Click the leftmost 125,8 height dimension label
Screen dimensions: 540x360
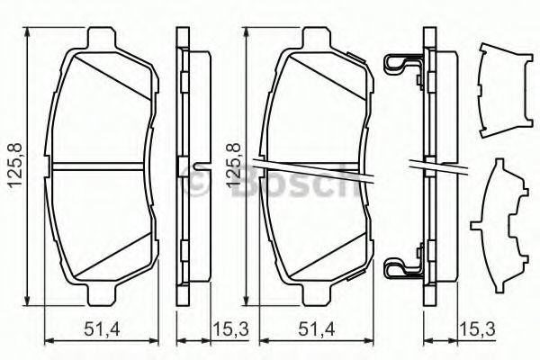click(15, 165)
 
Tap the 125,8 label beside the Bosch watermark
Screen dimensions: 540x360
click(233, 165)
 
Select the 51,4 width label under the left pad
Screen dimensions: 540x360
click(102, 330)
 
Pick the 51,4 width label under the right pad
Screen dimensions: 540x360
click(317, 330)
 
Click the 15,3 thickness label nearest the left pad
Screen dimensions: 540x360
click(230, 330)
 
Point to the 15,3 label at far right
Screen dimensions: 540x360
click(477, 330)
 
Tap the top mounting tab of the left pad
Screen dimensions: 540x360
click(102, 37)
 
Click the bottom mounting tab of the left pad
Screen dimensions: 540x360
click(103, 295)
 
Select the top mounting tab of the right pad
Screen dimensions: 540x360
click(317, 37)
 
